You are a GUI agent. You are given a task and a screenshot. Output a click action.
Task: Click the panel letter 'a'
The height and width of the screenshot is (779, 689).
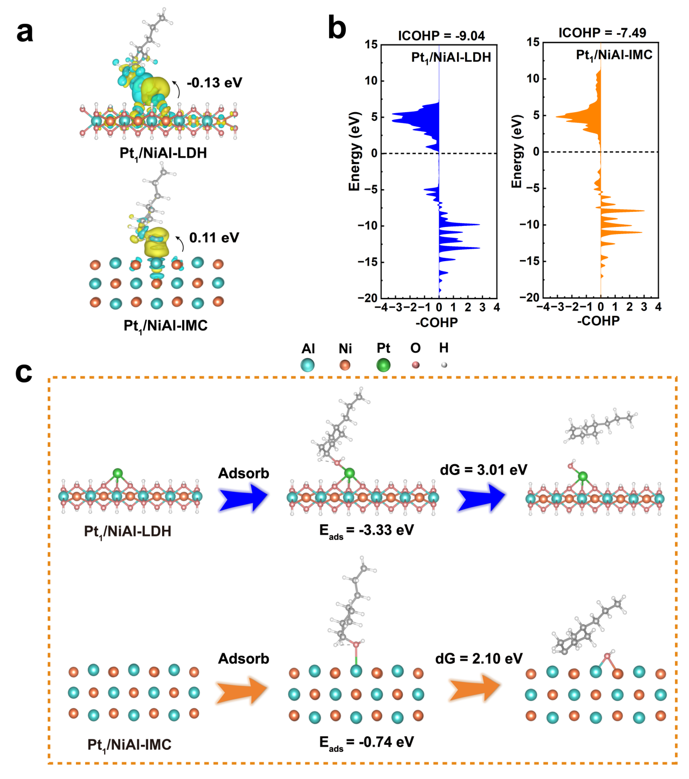24,33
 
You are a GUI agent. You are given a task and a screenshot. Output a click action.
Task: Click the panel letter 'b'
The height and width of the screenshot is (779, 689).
337,27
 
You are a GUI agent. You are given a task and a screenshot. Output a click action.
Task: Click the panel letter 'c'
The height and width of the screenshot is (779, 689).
23,373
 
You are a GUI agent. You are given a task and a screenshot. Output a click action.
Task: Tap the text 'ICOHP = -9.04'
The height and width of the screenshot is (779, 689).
441,36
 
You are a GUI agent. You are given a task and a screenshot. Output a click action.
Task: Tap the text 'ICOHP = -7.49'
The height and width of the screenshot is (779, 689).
602,33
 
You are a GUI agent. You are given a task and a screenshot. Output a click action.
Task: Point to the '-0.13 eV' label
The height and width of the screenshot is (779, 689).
214,83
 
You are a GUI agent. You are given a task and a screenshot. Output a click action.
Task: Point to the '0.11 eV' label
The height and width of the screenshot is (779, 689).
214,238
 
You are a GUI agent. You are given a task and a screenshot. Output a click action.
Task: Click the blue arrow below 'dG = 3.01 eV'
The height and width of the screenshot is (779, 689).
481,498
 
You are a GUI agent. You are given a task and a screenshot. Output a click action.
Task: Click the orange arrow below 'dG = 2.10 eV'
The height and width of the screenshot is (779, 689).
475,687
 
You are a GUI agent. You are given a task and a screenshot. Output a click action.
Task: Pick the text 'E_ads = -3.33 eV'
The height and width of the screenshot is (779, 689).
366,530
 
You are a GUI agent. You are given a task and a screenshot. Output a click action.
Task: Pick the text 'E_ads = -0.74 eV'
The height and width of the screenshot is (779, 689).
366,743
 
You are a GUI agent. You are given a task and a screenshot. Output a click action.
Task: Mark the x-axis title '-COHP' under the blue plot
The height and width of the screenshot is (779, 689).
436,322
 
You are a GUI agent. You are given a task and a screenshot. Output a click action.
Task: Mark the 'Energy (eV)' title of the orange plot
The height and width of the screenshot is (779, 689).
516,151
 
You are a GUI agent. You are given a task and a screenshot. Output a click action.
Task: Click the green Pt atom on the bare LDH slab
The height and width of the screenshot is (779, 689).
117,473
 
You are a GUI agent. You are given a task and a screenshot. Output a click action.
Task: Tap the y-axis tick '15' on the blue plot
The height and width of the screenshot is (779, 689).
371,44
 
